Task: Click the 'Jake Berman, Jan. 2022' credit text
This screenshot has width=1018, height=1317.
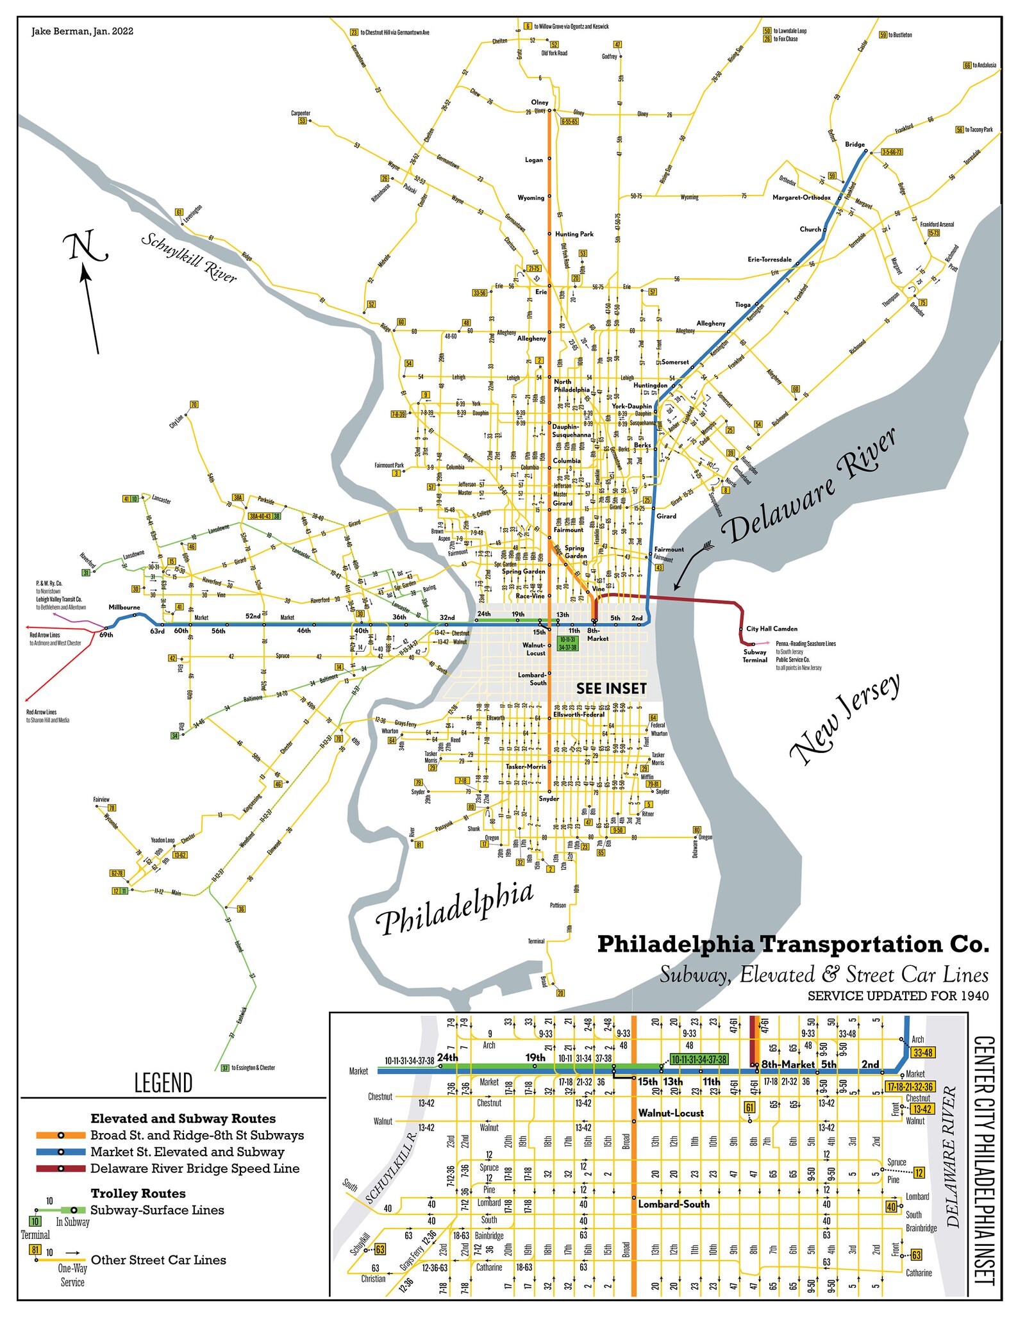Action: [82, 31]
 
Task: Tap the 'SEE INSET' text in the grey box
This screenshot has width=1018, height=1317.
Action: [611, 688]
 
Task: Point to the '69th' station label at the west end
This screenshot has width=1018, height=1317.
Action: [106, 635]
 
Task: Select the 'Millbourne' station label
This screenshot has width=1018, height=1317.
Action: [124, 607]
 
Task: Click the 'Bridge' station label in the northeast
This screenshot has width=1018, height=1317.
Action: [854, 145]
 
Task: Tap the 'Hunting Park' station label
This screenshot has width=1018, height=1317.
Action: [574, 234]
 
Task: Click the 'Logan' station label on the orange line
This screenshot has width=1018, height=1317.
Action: [533, 160]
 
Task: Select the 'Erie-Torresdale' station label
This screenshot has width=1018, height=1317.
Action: [769, 260]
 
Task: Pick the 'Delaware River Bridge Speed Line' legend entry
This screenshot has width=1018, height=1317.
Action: [195, 1168]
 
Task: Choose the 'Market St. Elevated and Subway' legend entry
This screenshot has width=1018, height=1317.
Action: [187, 1152]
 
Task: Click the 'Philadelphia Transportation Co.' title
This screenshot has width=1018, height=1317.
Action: [793, 944]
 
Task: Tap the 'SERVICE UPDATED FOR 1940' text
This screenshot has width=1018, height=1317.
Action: [897, 996]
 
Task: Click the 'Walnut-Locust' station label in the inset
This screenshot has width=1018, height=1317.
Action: [671, 1113]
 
